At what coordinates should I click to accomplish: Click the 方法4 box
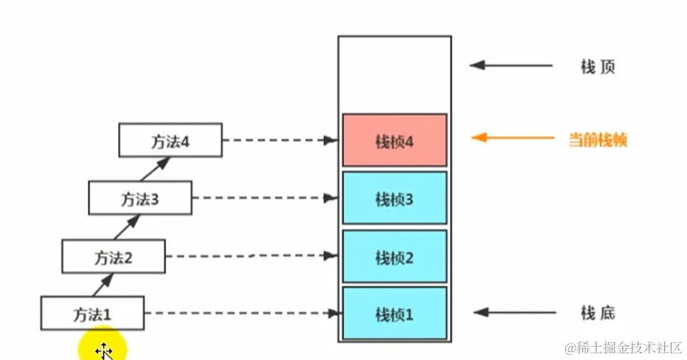(170, 140)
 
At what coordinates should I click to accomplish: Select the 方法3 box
(140, 198)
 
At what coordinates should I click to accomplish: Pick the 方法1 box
(92, 314)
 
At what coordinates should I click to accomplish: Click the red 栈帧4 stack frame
(394, 140)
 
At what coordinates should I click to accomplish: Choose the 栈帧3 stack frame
(394, 198)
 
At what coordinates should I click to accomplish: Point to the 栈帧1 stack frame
(394, 314)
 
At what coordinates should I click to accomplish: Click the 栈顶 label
(598, 66)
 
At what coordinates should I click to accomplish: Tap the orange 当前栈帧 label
(598, 139)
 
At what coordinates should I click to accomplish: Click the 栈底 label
(598, 314)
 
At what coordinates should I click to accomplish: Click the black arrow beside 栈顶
(511, 66)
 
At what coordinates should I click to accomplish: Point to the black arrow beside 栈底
(511, 314)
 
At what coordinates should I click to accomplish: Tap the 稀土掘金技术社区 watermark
(624, 346)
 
